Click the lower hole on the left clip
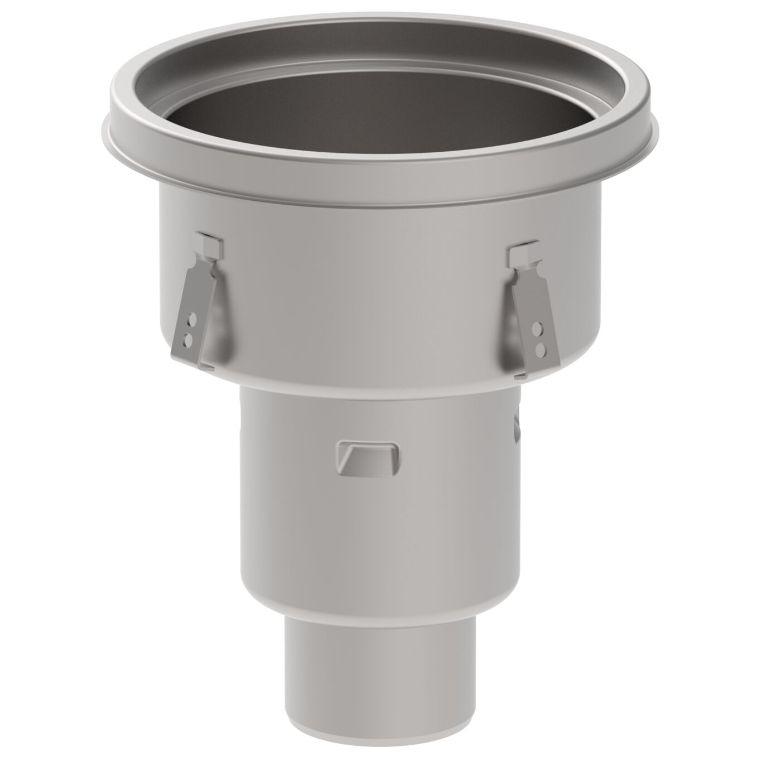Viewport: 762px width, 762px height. (x=189, y=338)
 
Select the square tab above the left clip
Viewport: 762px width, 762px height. (x=210, y=243)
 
